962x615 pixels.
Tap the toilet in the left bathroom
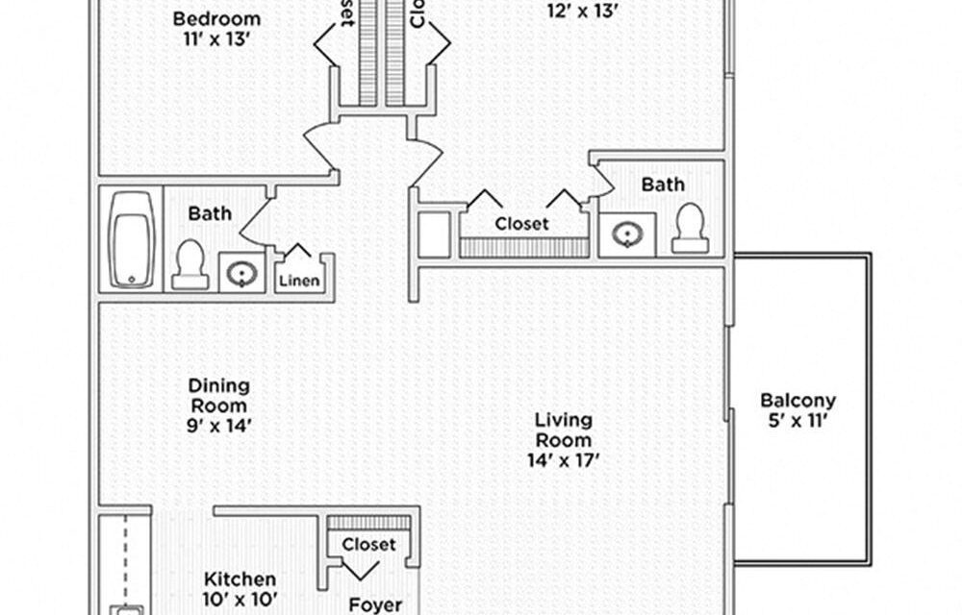click(x=190, y=264)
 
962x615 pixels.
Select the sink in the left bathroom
click(x=240, y=272)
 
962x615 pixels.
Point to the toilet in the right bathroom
click(x=690, y=229)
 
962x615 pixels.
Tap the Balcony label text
click(x=797, y=401)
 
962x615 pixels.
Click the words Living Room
click(x=564, y=430)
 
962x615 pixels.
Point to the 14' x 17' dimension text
click(x=564, y=460)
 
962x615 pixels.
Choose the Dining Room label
click(x=218, y=395)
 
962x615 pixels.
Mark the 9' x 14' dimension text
click(x=218, y=426)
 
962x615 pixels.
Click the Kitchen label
click(x=240, y=579)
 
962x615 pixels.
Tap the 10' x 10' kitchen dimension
click(x=240, y=601)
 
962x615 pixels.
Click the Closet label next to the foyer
click(x=368, y=544)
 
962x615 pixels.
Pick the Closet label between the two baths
click(x=522, y=223)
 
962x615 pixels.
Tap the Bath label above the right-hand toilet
click(x=663, y=184)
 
